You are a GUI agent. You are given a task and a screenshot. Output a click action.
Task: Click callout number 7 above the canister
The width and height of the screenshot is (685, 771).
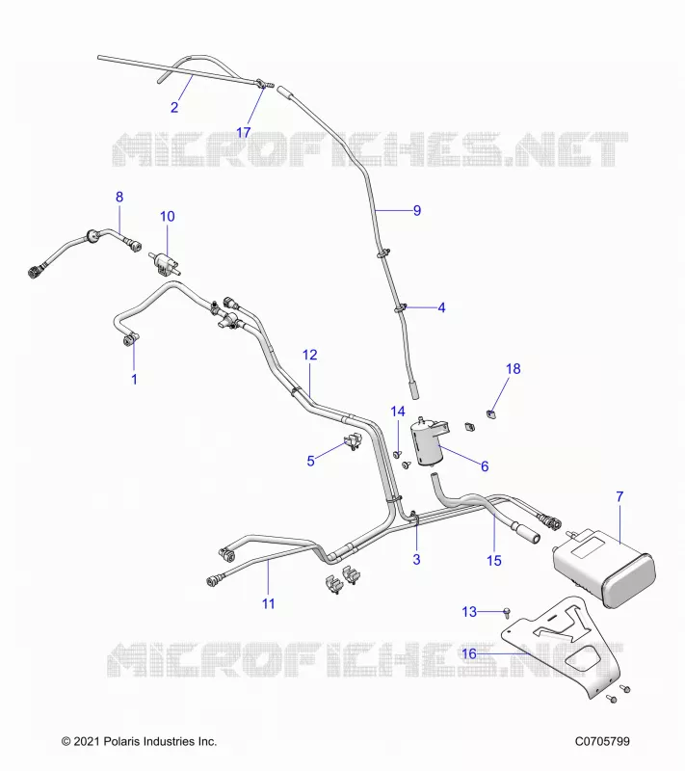619,497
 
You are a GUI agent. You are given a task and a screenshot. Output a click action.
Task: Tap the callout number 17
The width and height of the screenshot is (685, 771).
243,132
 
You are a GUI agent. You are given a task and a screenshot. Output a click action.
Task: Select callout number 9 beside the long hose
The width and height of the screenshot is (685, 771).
417,210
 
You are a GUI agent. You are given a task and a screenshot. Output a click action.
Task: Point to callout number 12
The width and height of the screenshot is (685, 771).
309,355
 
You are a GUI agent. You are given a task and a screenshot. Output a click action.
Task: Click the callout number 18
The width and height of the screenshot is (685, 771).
513,369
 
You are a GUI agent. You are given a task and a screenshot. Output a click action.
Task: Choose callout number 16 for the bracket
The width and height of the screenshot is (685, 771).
469,653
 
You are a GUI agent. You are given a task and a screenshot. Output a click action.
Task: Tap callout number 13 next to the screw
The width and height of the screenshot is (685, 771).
469,612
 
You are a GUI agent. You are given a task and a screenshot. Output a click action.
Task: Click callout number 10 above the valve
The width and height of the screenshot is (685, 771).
167,216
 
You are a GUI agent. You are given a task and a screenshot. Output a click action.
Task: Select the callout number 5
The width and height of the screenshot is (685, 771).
310,462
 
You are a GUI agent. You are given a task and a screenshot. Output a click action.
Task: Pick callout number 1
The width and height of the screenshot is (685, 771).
134,379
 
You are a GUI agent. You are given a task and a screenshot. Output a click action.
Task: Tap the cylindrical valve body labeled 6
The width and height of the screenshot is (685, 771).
427,442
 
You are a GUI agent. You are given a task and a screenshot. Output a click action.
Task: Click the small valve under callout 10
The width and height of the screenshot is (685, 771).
165,262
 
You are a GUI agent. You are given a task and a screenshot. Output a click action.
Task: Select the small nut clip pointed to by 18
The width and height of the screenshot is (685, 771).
491,413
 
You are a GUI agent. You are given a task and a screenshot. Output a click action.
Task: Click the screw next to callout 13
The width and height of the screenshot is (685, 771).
507,613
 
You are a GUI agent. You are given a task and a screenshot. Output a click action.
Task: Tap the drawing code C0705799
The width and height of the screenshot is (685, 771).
602,741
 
